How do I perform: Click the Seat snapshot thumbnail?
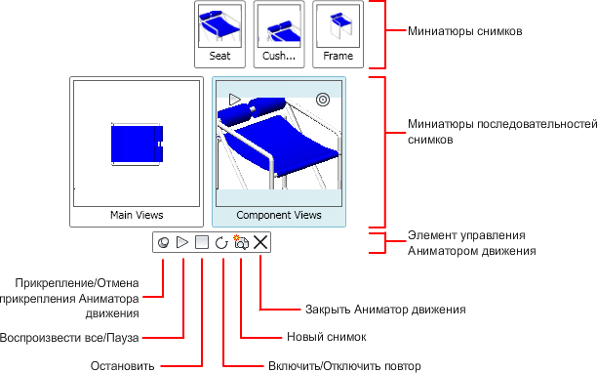pos(219,34)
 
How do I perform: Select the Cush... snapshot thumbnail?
pos(279,34)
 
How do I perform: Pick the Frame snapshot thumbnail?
pos(338,34)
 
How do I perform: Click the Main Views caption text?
pos(137,215)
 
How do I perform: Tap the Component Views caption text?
pos(279,215)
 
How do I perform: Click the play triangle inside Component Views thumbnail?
pos(235,100)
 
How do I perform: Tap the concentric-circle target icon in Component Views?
pos(323,100)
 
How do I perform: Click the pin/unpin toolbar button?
pos(163,242)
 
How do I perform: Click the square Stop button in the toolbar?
pos(202,242)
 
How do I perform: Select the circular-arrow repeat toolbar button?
pos(221,243)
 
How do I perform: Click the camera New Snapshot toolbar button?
pos(241,242)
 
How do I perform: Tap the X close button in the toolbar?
pos(260,242)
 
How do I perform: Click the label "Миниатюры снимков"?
pos(465,31)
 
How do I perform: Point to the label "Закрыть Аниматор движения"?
pos(385,309)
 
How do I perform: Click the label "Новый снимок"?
pos(326,337)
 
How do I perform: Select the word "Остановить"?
pos(122,366)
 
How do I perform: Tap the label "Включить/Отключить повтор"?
pos(344,366)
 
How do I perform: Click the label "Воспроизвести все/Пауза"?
pos(69,338)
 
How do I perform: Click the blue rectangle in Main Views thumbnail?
pos(138,145)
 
